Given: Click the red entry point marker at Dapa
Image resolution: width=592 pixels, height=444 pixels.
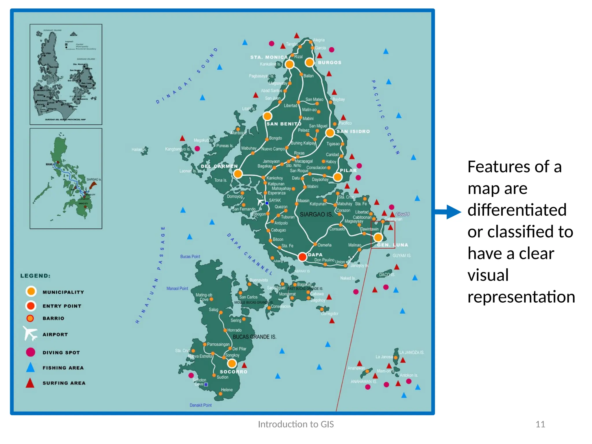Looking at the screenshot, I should [302, 256].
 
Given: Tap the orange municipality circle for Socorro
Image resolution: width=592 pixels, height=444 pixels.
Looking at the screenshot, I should [232, 363].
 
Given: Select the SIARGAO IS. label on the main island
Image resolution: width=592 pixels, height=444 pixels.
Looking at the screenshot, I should [316, 214].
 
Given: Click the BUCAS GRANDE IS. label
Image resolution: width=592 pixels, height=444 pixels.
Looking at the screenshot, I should [254, 337].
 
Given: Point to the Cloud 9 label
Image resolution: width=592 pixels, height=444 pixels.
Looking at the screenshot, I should [402, 214].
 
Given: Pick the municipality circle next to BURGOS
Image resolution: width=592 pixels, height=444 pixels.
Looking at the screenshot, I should [309, 62].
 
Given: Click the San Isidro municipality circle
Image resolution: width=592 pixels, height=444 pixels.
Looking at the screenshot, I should [330, 133].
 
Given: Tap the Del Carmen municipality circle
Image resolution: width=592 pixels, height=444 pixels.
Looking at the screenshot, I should [238, 174].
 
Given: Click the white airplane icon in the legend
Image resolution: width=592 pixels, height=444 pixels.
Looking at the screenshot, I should [30, 334].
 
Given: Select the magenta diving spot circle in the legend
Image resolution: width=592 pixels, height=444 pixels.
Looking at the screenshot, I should [31, 352].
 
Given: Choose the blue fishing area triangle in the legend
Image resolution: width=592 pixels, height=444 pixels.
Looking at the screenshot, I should [30, 367].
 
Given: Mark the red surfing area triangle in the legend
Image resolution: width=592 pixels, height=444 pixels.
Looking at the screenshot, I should [30, 383].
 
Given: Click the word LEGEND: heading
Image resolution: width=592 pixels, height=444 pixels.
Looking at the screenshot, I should [35, 276].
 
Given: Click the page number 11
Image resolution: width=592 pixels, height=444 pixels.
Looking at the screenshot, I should [540, 424].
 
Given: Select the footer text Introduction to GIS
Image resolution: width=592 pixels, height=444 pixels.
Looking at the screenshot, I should [296, 424].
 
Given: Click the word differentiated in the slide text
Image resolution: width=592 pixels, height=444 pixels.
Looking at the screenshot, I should [517, 210].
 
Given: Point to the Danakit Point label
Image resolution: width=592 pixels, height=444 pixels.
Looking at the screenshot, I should [201, 405].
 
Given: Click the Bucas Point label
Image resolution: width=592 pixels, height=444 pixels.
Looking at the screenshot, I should [190, 256].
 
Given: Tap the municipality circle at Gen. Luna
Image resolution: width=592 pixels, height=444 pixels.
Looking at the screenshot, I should [378, 238].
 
